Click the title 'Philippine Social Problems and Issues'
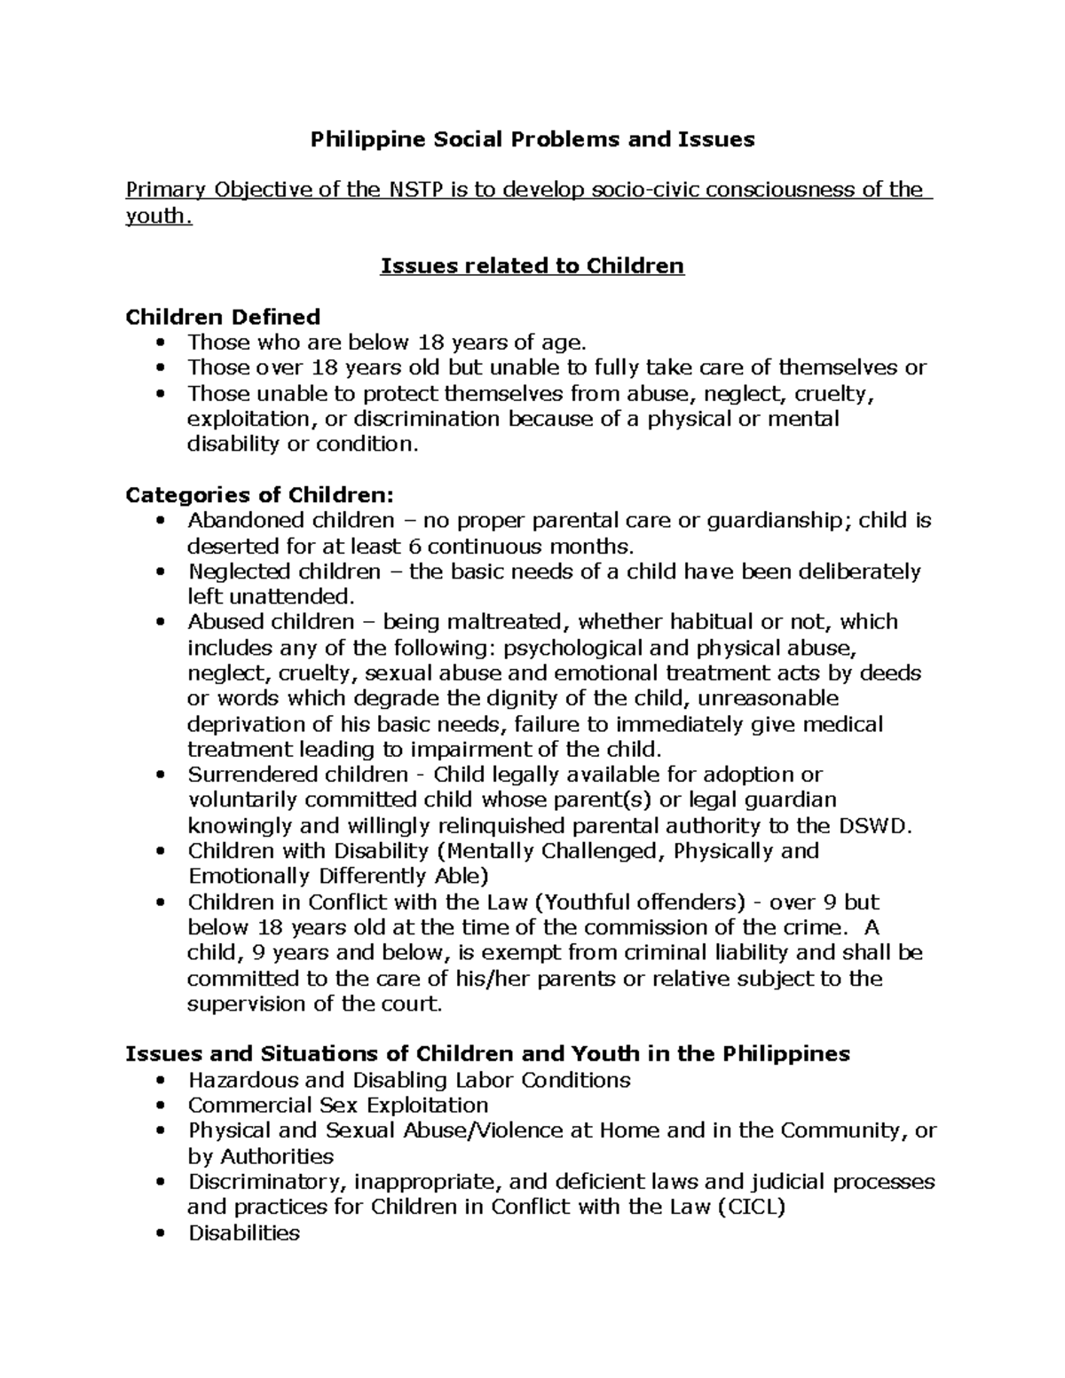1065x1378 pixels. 532,139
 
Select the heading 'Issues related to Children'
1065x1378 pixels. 532,266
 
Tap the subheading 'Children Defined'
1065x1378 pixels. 223,317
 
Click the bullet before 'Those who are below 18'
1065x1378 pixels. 160,343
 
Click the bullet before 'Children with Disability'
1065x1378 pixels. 160,852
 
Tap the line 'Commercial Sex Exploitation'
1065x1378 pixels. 338,1106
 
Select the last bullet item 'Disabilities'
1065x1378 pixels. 244,1233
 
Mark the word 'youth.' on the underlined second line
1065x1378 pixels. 158,216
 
